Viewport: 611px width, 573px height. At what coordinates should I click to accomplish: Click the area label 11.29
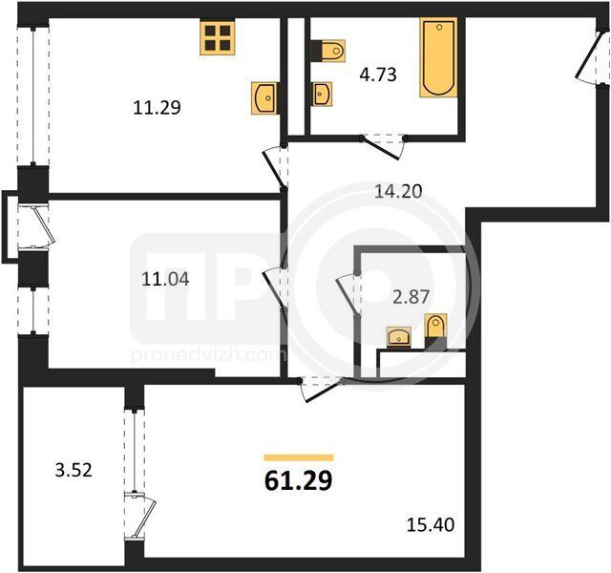[157, 108]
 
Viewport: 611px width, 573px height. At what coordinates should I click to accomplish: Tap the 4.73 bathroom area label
[378, 74]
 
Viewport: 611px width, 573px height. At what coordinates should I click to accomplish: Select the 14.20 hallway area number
[398, 191]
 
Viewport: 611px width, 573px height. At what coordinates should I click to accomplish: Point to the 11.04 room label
[165, 279]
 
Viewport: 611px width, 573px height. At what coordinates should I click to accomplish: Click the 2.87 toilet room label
[411, 297]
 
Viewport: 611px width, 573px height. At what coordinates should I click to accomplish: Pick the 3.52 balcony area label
[74, 470]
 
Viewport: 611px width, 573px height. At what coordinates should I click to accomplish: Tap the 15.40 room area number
[431, 525]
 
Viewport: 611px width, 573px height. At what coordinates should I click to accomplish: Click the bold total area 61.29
[299, 480]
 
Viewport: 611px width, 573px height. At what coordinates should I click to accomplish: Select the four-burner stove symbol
[218, 38]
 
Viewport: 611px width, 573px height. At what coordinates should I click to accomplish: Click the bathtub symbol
[438, 57]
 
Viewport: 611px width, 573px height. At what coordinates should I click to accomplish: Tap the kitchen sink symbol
[264, 98]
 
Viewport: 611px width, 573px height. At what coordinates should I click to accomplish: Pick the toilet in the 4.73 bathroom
[328, 51]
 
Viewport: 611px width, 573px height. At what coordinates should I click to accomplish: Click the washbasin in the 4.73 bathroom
[323, 94]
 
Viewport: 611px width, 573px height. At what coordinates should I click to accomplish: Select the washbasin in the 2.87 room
[399, 336]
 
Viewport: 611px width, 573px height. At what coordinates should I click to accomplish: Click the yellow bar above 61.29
[299, 457]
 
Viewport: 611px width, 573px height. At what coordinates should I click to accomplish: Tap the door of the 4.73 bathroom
[384, 147]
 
